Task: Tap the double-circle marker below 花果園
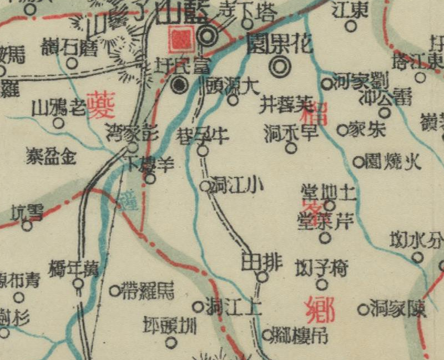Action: pos(280,67)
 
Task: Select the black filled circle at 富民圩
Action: pos(179,85)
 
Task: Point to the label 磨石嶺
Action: pos(68,47)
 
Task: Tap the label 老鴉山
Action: pos(59,107)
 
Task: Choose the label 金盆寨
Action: pos(51,156)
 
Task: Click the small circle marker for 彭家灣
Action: pos(133,148)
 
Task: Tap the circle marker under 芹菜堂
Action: pos(326,239)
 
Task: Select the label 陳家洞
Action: pos(398,309)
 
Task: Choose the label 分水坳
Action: pos(417,240)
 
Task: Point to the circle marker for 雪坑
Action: pos(27,225)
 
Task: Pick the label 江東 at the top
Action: pos(351,9)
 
